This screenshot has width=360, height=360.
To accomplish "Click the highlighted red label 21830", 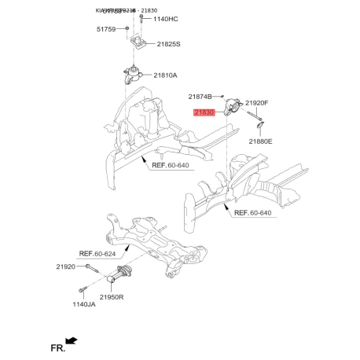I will (204, 113).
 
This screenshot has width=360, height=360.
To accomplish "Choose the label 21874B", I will (201, 96).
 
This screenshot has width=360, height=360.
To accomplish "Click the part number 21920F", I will (256, 103).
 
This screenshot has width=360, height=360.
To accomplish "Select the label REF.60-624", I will (101, 254).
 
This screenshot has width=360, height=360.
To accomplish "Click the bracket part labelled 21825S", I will (140, 43).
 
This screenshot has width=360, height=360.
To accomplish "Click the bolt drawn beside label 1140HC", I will (141, 18).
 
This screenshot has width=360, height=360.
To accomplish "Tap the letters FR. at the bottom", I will (56, 347).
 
